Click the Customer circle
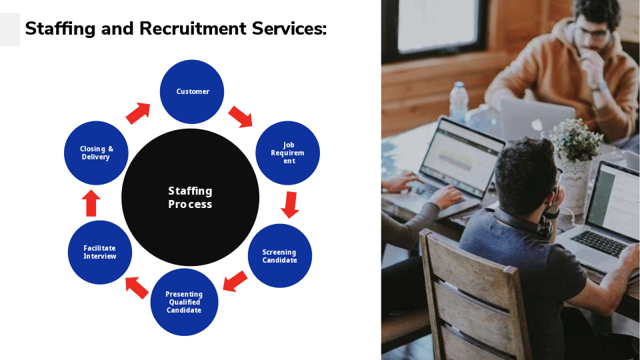click(192, 92)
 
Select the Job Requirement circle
click(288, 153)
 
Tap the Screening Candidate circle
click(280, 256)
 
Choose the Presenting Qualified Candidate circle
click(184, 302)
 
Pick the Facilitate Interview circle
click(100, 252)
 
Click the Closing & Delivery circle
click(96, 153)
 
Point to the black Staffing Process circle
click(190, 197)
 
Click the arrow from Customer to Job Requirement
click(241, 117)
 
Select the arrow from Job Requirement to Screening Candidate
click(290, 205)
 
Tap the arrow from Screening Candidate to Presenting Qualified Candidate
click(235, 281)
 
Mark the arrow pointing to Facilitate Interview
click(137, 287)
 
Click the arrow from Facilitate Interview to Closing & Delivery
click(91, 203)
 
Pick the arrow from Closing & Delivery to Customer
click(138, 113)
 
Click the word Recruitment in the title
click(193, 29)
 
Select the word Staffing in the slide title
click(60, 29)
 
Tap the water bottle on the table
click(459, 101)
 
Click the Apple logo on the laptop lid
click(536, 125)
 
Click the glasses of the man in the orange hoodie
click(593, 33)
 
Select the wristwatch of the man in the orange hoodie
click(599, 87)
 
